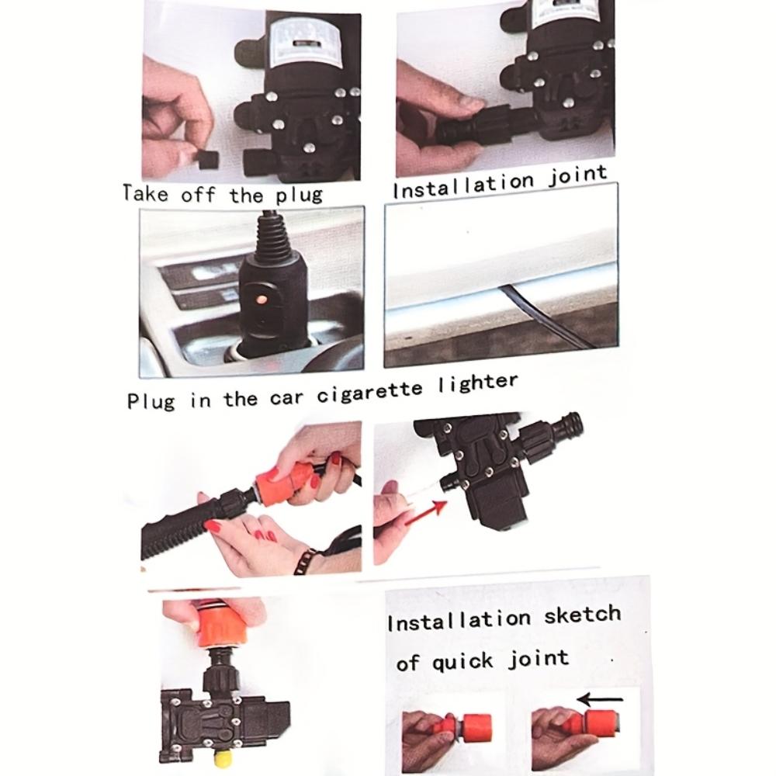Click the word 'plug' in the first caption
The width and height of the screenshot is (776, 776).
click(299, 195)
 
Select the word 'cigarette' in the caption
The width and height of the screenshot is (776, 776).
click(369, 393)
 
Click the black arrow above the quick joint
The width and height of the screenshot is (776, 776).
click(601, 699)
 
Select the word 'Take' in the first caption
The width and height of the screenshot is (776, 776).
click(146, 193)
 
